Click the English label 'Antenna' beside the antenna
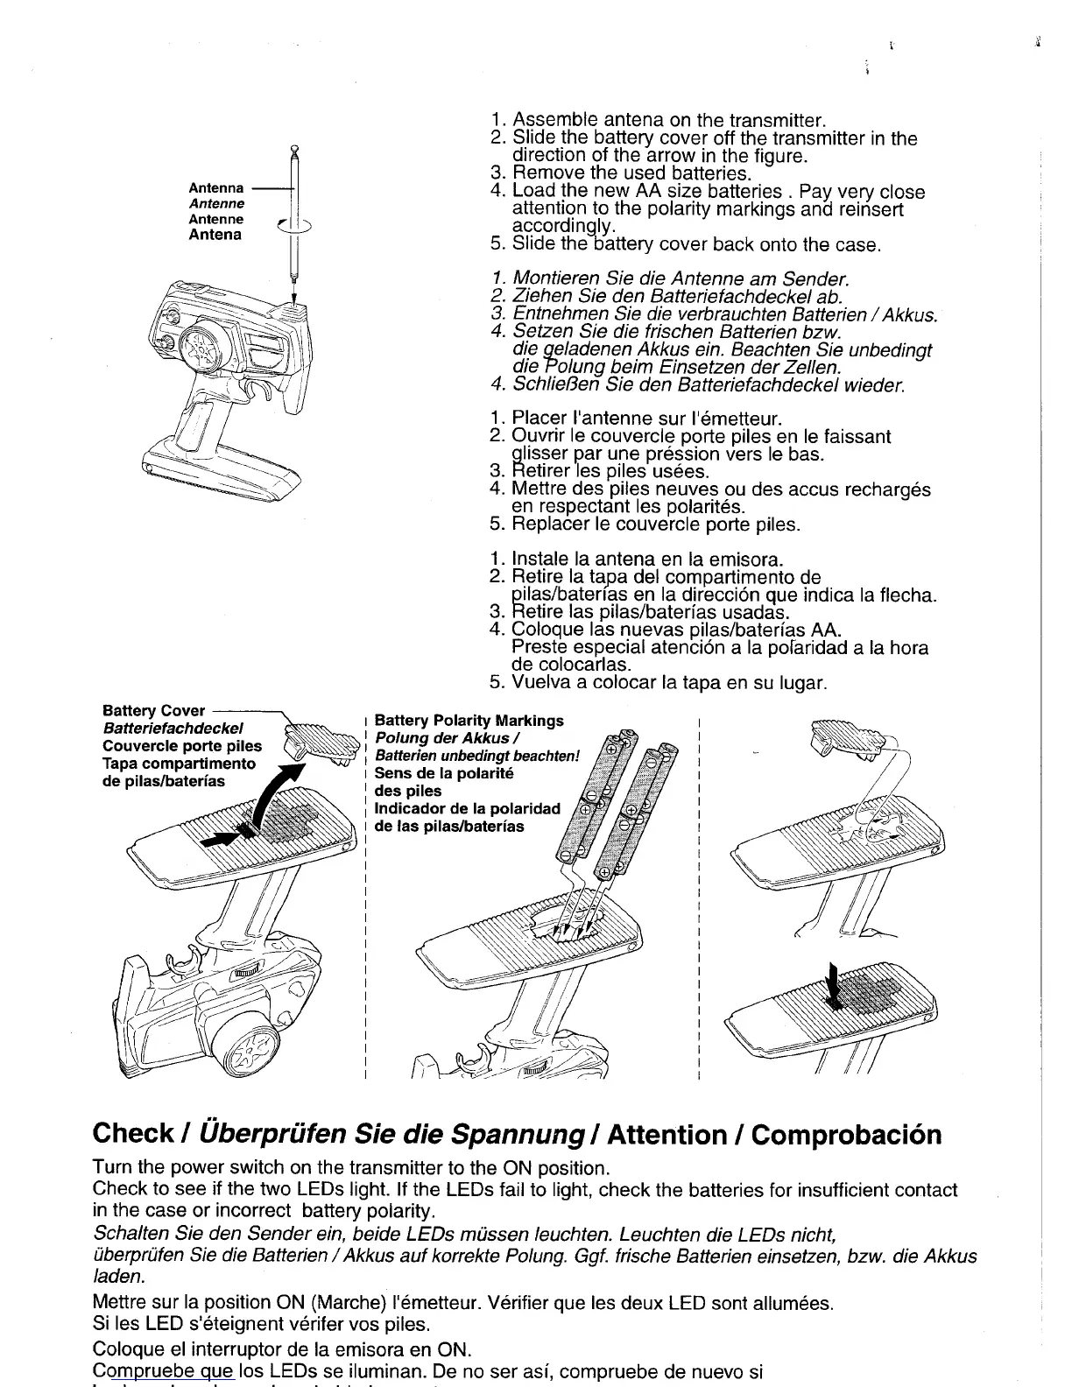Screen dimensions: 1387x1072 [x=216, y=188]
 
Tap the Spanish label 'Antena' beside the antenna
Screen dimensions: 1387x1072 [x=215, y=235]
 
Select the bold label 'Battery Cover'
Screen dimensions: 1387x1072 [x=153, y=711]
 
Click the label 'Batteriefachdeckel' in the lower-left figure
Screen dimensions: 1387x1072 [x=173, y=729]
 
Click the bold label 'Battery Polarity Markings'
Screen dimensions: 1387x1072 [x=469, y=721]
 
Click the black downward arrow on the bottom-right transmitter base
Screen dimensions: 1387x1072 [x=836, y=986]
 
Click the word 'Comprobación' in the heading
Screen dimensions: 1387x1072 [x=847, y=1135]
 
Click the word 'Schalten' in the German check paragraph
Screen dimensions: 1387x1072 [x=125, y=1236]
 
